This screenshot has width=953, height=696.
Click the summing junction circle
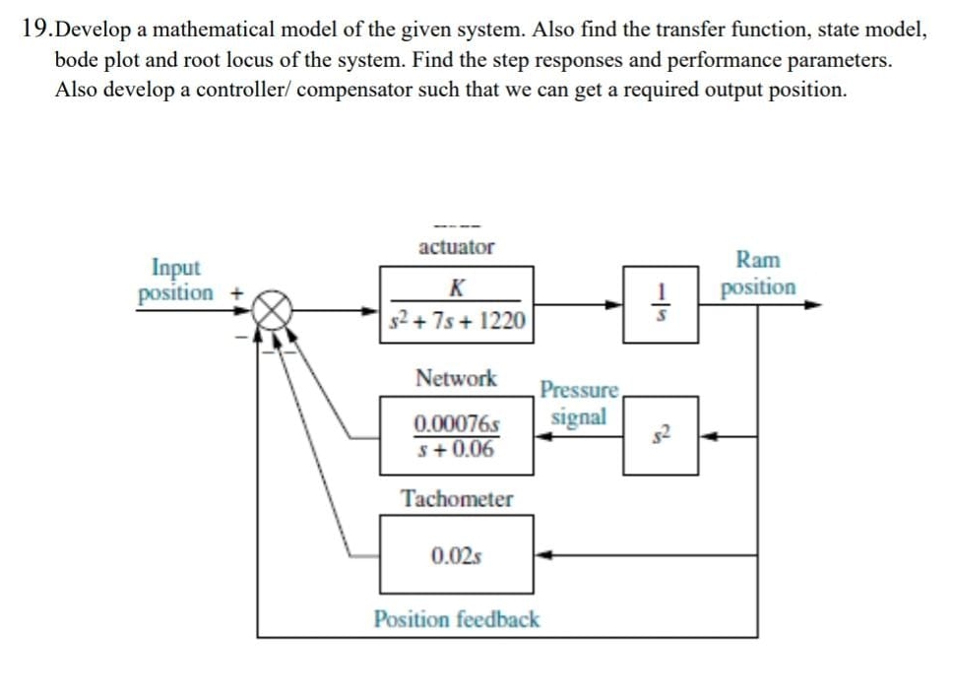[277, 306]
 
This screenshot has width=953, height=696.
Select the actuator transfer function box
[457, 305]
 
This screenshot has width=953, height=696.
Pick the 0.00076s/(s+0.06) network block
[457, 437]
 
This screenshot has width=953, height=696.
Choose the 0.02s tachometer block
[457, 555]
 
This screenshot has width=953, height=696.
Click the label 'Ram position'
[758, 274]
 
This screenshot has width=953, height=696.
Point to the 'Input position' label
[176, 280]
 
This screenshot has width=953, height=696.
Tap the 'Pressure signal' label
[579, 404]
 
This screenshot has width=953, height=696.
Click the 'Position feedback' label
[457, 619]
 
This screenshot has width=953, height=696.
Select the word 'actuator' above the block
[456, 247]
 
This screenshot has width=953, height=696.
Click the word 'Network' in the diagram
[456, 378]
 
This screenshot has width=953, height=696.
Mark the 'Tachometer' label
[457, 499]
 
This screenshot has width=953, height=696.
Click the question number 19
[34, 30]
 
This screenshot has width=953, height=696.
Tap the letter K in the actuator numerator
[455, 287]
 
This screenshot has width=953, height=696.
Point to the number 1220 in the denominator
[503, 321]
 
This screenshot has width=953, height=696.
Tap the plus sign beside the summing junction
[236, 292]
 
